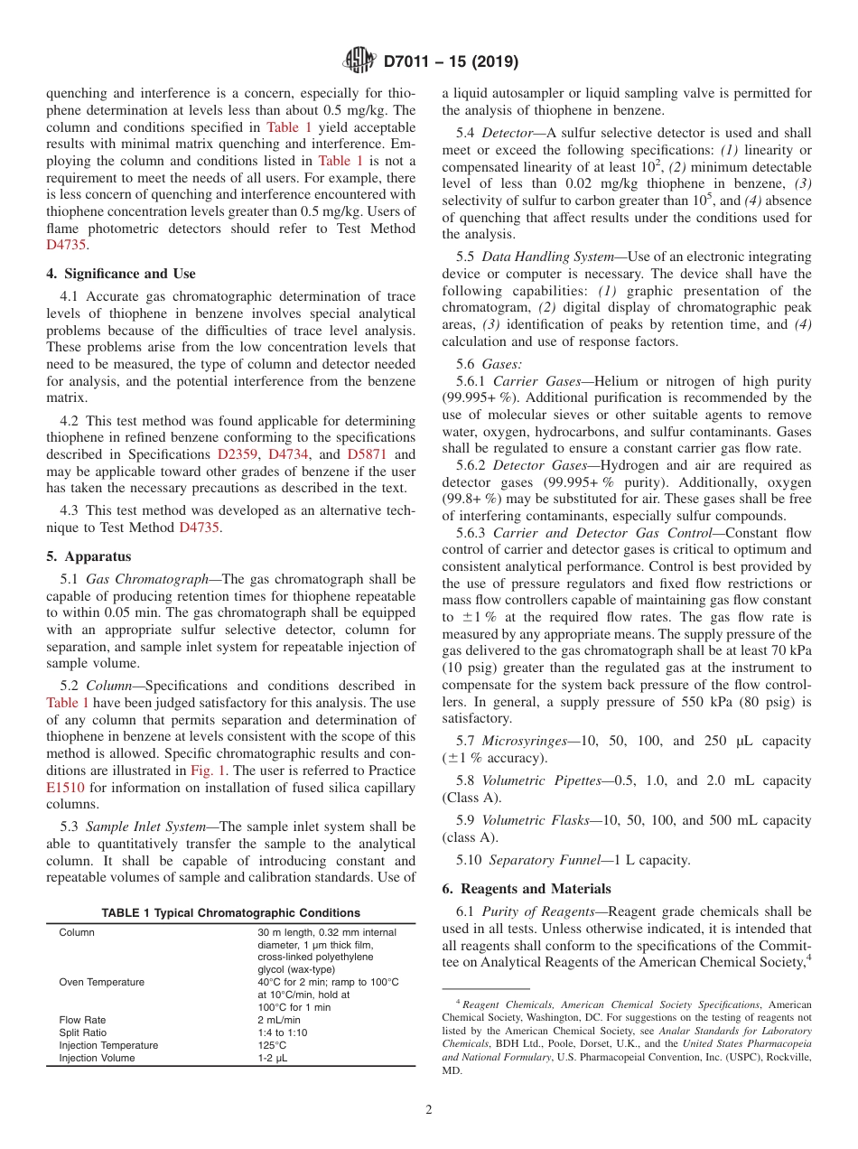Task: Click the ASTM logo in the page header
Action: pos(359,61)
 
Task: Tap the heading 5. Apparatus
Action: pos(89,556)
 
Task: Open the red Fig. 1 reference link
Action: pos(210,771)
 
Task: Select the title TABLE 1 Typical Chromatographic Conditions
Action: pos(230,913)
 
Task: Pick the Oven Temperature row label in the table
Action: pos(101,983)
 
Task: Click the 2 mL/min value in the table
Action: pos(279,1020)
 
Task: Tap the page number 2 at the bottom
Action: pos(429,1110)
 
